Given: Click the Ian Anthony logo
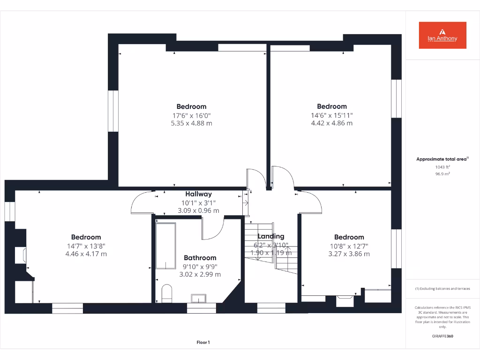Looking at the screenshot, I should click(442, 35).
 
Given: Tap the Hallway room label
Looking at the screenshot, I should click(198, 194).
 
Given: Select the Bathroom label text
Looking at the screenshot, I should click(200, 258).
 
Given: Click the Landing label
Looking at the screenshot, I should click(271, 236).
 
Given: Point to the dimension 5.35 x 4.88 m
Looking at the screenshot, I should click(191, 123).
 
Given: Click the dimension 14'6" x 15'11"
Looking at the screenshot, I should click(331, 115).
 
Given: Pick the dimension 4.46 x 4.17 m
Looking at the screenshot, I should click(86, 254).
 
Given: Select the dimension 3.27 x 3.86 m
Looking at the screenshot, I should click(349, 254).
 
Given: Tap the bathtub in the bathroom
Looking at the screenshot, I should click(165, 245).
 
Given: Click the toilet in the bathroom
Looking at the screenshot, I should click(166, 293).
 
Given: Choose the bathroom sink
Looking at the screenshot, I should click(199, 298).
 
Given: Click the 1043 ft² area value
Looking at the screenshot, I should click(442, 167).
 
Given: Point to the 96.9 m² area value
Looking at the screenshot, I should click(442, 174).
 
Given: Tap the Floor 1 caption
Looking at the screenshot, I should click(203, 343).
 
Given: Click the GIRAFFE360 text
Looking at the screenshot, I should click(442, 336).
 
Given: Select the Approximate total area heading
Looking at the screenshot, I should click(442, 159).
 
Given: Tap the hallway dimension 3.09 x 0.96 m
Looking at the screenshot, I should click(198, 211).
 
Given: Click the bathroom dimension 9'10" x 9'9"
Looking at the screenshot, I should click(200, 266).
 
